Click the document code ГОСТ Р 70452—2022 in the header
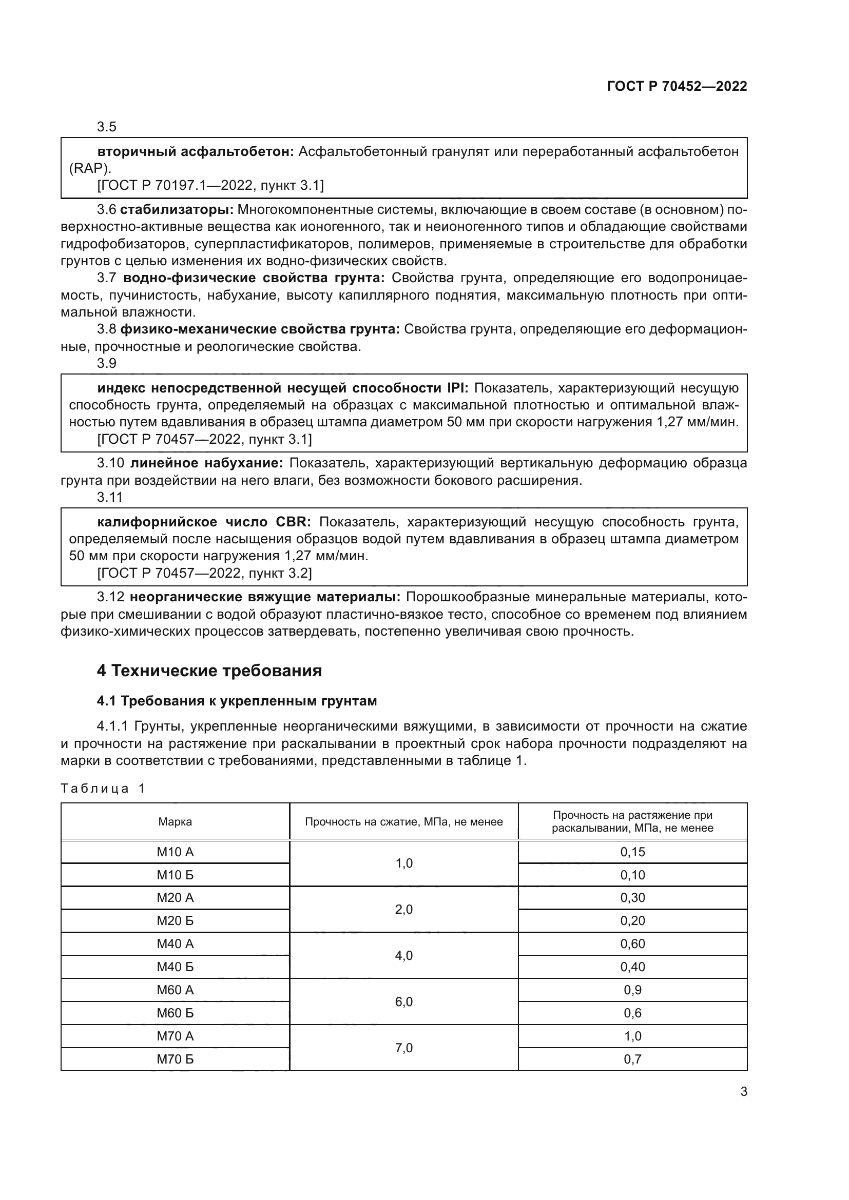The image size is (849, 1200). [x=677, y=86]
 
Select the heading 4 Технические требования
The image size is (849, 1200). [x=209, y=671]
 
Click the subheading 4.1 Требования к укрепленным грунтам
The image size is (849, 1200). [x=237, y=701]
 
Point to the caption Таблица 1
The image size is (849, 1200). [x=103, y=788]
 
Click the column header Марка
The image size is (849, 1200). [x=175, y=821]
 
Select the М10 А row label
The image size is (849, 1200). [x=175, y=852]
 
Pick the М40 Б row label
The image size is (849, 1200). [x=175, y=967]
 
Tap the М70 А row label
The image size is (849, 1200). [x=175, y=1036]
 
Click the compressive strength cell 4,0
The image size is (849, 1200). [x=403, y=955]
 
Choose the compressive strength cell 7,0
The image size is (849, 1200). [x=403, y=1048]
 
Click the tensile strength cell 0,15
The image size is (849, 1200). [x=632, y=852]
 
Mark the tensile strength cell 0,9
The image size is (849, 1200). [x=632, y=990]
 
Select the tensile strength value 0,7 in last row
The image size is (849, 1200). [x=632, y=1059]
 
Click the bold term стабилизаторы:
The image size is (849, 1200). [x=177, y=210]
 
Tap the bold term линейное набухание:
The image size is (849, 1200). [x=206, y=463]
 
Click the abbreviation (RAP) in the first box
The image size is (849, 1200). [x=89, y=168]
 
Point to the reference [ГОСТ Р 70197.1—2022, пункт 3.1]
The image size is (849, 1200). [x=210, y=185]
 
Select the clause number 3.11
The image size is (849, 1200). [x=110, y=497]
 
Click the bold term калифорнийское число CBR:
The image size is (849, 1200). [x=204, y=522]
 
